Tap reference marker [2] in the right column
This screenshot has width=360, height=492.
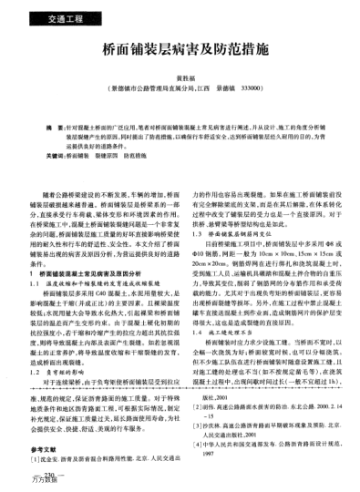[201, 411]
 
